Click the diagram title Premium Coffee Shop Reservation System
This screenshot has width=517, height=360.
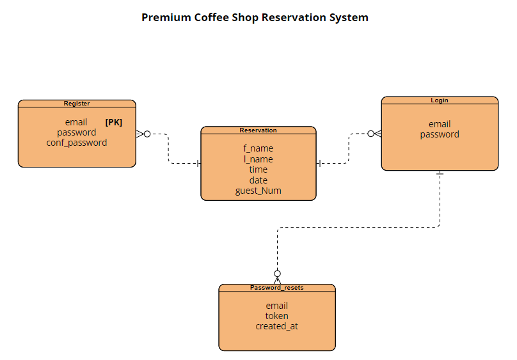255,17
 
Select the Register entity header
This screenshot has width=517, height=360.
77,104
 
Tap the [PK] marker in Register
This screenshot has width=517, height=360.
113,122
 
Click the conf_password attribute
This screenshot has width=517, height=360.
77,143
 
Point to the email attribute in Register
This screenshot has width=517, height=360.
76,122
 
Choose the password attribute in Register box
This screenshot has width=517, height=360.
77,132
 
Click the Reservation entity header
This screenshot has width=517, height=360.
258,130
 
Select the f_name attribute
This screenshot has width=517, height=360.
258,148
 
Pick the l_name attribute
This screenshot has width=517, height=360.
258,159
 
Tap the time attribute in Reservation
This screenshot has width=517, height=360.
258,169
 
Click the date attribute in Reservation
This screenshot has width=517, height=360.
258,180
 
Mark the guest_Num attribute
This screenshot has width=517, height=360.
258,191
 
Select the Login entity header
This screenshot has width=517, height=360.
440,100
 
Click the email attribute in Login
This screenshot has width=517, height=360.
440,124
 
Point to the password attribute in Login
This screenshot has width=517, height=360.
440,134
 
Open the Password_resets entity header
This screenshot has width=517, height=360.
277,288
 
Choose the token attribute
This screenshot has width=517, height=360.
277,316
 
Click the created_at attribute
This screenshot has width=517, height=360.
277,326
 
